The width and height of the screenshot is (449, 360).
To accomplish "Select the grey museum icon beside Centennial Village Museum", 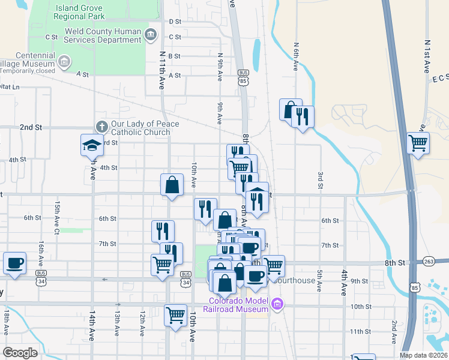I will tap(64, 61).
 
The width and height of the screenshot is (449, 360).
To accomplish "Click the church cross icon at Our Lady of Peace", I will tap(101, 127).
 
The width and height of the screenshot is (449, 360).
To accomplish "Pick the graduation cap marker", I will tap(92, 145).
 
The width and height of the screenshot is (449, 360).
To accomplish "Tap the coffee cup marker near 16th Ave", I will tap(14, 262).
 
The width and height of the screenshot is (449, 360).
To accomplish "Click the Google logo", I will tap(20, 353).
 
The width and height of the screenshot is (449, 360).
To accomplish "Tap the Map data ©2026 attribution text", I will tap(424, 355).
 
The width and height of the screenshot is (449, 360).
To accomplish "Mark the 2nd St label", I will tap(31, 128).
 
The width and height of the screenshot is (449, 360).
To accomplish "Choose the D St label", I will tap(175, 22).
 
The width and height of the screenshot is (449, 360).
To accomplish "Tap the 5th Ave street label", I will tap(319, 280).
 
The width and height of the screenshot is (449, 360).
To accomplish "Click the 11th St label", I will tap(360, 331).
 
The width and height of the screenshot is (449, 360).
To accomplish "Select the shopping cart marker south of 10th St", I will tap(175, 314).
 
